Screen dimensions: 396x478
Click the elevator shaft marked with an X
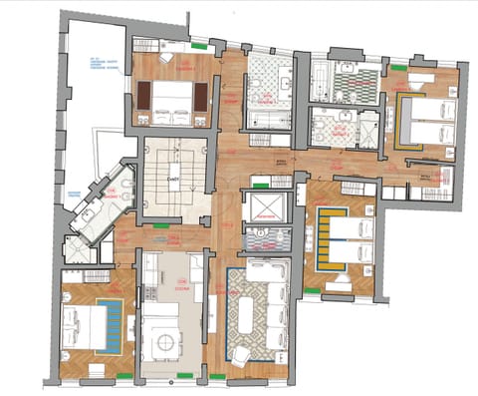point(266,206)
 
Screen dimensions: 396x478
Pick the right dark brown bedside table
point(200,97)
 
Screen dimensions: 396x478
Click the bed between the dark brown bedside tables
point(171,97)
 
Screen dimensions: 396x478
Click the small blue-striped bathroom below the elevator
point(266,237)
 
